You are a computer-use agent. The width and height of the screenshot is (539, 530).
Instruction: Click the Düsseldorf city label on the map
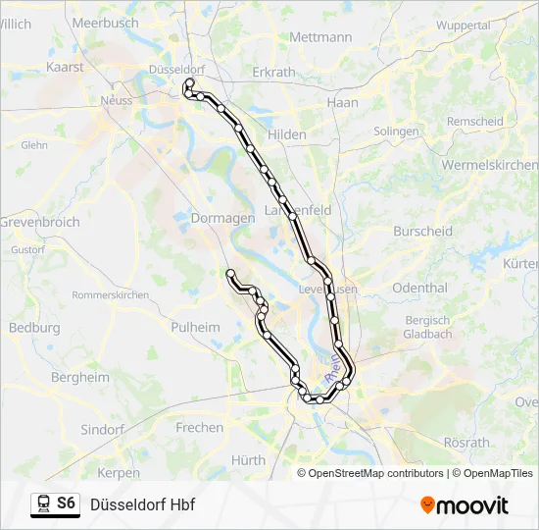[x=176, y=70]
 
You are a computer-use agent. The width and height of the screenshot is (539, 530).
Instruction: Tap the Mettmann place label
[x=320, y=37]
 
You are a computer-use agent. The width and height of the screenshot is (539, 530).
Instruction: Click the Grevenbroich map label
[x=39, y=223]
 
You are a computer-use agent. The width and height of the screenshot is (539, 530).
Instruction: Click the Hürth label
[x=248, y=459]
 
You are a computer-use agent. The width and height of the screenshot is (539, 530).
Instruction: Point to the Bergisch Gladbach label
[x=427, y=327]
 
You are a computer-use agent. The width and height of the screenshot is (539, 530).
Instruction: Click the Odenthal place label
[x=419, y=288]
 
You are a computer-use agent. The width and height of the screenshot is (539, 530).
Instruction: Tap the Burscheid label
[x=422, y=231]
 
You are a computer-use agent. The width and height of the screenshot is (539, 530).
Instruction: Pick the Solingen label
[x=396, y=131]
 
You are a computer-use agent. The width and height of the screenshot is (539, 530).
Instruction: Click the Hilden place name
[x=287, y=134]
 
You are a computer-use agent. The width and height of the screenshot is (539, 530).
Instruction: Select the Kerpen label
[x=119, y=472]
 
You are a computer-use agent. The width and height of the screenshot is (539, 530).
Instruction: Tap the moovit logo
[x=465, y=505]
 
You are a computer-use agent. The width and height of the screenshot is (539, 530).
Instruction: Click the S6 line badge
[x=66, y=503]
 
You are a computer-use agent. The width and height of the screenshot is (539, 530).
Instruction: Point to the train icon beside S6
[x=43, y=504]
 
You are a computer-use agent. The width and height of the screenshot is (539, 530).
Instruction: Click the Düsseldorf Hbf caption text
[x=142, y=504]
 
